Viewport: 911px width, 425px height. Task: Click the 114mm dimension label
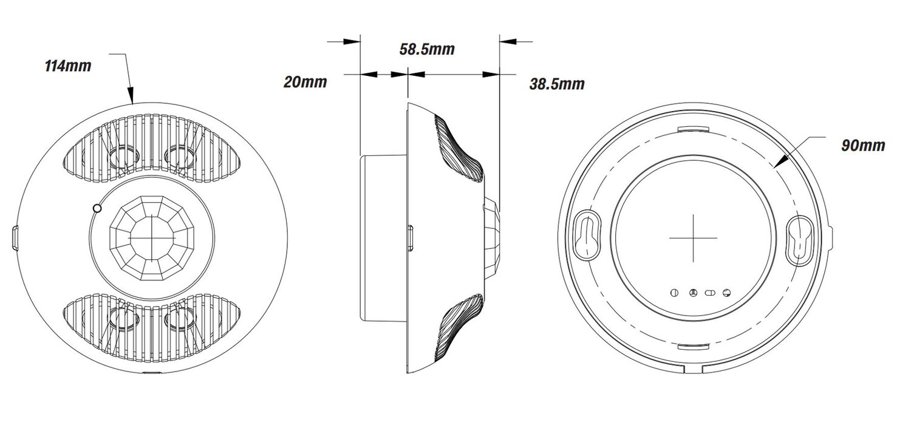(x=68, y=66)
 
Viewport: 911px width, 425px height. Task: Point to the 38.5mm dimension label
(x=556, y=84)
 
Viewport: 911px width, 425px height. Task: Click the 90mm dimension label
(x=863, y=146)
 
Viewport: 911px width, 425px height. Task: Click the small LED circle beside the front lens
(x=96, y=208)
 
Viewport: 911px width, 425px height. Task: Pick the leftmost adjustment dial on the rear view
(x=674, y=293)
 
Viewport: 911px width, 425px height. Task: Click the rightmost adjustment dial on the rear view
(x=726, y=293)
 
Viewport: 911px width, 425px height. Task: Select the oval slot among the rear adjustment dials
(x=709, y=293)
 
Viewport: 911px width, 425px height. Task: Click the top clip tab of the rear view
(x=692, y=128)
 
